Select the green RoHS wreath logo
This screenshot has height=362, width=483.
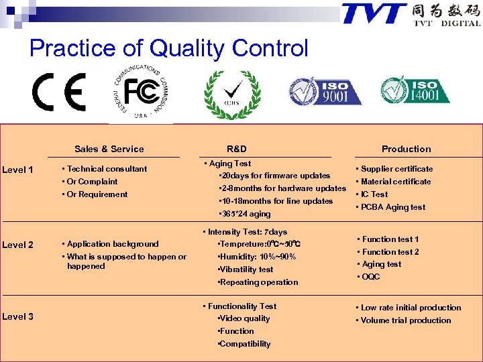pyautogui.click(x=232, y=95)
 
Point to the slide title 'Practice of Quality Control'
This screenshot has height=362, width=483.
pyautogui.click(x=169, y=48)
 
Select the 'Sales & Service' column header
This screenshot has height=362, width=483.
pyautogui.click(x=109, y=149)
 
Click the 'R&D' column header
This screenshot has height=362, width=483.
pyautogui.click(x=237, y=149)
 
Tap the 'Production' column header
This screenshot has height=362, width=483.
pyautogui.click(x=407, y=149)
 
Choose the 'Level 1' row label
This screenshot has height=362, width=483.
pyautogui.click(x=18, y=170)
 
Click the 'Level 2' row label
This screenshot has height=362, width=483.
pyautogui.click(x=18, y=245)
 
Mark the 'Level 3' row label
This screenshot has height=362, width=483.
pyautogui.click(x=18, y=316)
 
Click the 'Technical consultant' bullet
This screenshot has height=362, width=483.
pyautogui.click(x=105, y=169)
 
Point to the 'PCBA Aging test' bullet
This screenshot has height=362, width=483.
pyautogui.click(x=392, y=207)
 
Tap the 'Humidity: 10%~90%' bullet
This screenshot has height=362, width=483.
pyautogui.click(x=258, y=257)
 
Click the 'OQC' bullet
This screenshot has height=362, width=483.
pyautogui.click(x=370, y=277)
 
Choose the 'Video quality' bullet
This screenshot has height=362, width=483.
pyautogui.click(x=245, y=318)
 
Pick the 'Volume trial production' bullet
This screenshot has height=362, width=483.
pyautogui.click(x=405, y=320)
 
